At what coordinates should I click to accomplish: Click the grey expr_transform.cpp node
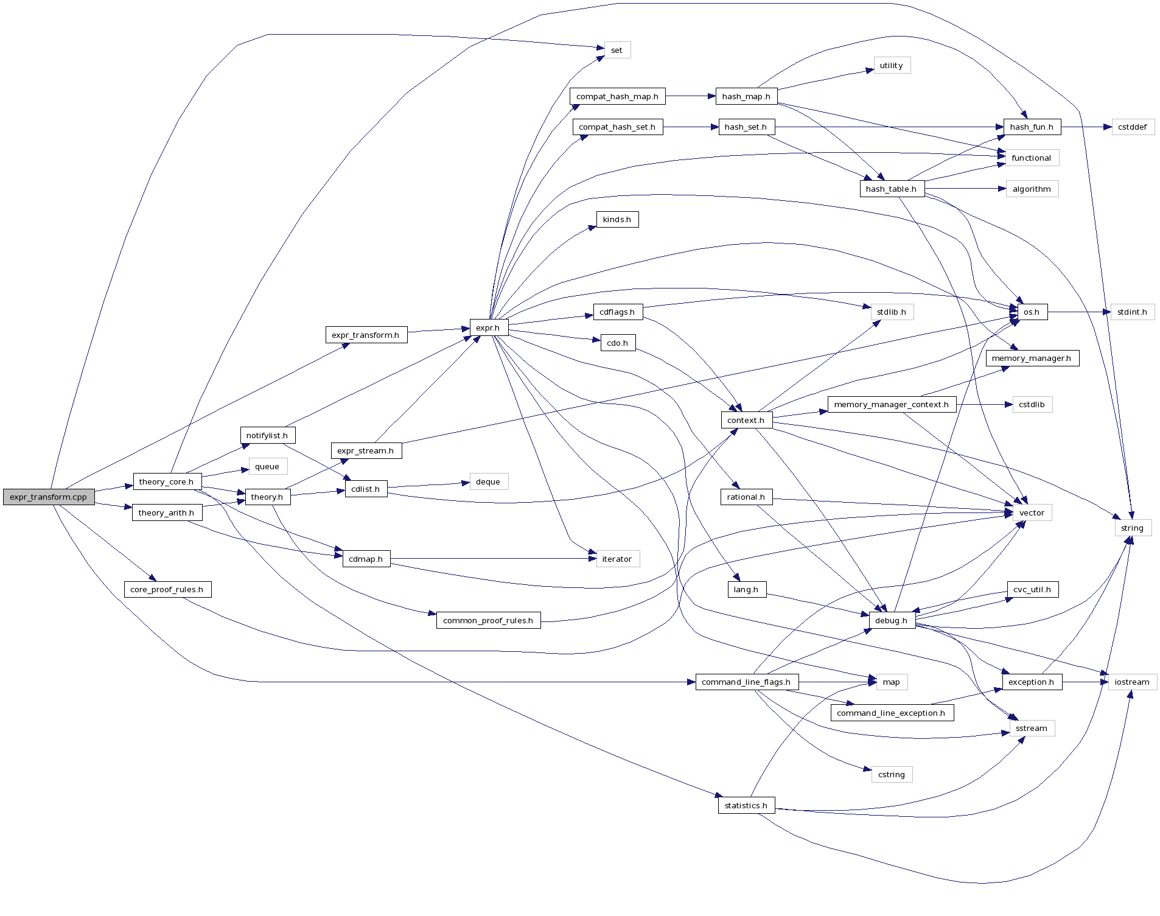coord(49,497)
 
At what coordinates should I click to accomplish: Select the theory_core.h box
coord(167,481)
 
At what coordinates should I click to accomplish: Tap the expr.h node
coord(488,327)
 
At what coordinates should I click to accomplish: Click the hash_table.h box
coord(892,189)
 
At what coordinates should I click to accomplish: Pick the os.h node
coord(1032,312)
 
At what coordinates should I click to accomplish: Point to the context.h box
coord(746,420)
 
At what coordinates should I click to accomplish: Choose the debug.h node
coord(892,620)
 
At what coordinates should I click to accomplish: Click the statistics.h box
coord(746,805)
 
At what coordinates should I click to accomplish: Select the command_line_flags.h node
coord(746,682)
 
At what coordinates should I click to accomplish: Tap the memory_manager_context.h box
coord(892,404)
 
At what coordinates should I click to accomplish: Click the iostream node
coord(1132,682)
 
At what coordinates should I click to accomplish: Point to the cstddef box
coord(1133,127)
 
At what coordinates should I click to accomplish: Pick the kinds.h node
coord(617,219)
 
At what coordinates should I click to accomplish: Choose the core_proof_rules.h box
coord(167,589)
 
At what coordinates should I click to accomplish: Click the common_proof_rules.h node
coord(488,620)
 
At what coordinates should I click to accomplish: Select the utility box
coord(892,65)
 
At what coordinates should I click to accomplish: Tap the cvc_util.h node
coord(1032,589)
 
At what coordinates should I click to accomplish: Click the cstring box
coord(892,774)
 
